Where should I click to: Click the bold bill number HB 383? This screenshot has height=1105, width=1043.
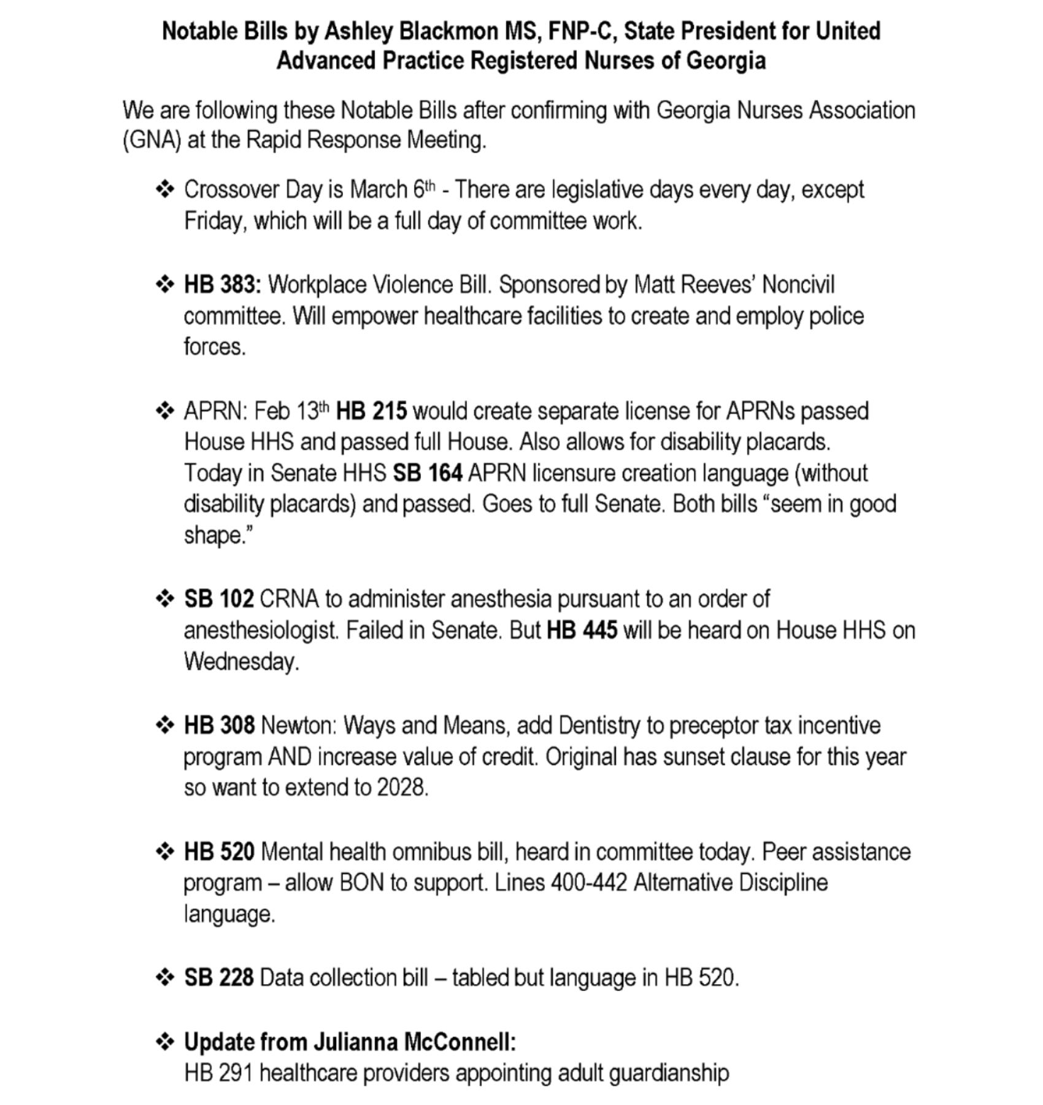pyautogui.click(x=222, y=285)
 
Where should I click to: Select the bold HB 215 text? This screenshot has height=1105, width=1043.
pyautogui.click(x=371, y=411)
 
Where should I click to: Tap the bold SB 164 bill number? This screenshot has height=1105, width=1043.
pyautogui.click(x=427, y=473)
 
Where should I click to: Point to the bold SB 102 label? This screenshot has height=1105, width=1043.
pyautogui.click(x=218, y=599)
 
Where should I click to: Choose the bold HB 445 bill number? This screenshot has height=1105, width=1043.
pyautogui.click(x=582, y=630)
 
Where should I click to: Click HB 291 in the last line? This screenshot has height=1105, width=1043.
pyautogui.click(x=218, y=1073)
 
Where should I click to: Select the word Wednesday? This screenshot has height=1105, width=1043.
pyautogui.click(x=241, y=662)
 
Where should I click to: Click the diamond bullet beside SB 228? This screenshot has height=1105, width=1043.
pyautogui.click(x=164, y=977)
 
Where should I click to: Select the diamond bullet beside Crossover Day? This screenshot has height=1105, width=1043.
pyautogui.click(x=164, y=189)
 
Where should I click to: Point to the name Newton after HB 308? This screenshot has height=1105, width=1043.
pyautogui.click(x=299, y=726)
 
